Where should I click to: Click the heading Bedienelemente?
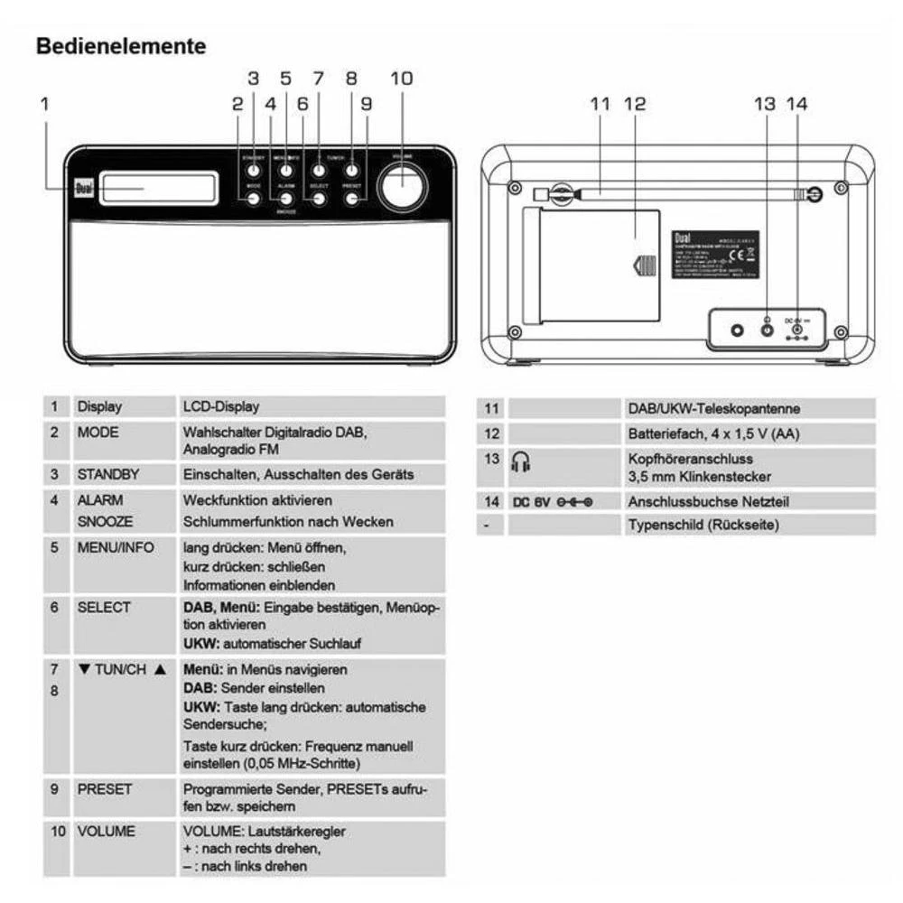click(121, 45)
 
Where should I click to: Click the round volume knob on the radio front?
click(403, 187)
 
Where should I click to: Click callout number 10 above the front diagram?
click(401, 78)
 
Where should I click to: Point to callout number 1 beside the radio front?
click(44, 104)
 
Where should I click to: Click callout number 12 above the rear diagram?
click(635, 103)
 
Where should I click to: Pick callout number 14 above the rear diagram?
click(796, 103)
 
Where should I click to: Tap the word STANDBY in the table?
click(107, 474)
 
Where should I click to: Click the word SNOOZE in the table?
click(105, 522)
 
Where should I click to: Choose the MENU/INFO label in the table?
click(116, 547)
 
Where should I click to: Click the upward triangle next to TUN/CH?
click(161, 670)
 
